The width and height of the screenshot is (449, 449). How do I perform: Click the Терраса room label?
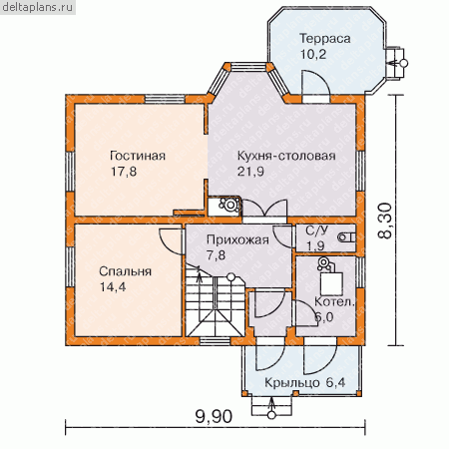(x=325, y=39)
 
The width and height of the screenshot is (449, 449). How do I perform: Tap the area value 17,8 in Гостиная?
(x=124, y=172)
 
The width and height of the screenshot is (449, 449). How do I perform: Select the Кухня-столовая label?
(x=286, y=156)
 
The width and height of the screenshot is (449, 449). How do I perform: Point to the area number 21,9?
(x=250, y=172)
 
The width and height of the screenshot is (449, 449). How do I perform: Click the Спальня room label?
(x=126, y=271)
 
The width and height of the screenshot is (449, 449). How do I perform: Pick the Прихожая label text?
(x=237, y=239)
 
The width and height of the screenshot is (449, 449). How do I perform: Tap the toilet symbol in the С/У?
(x=346, y=237)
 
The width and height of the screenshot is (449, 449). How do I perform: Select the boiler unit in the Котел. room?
(x=328, y=276)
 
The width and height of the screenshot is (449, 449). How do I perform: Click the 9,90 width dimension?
(x=214, y=416)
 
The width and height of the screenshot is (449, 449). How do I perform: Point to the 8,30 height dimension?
(x=385, y=221)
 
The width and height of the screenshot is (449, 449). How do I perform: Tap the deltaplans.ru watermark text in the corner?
(x=37, y=7)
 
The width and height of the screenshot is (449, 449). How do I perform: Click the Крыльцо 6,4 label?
(x=304, y=382)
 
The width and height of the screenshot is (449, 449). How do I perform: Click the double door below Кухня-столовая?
(x=265, y=209)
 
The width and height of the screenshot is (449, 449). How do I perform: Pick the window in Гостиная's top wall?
(x=165, y=100)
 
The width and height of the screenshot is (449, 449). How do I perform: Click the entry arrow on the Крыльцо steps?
(x=272, y=406)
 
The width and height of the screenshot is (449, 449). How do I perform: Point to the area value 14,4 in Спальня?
(x=113, y=287)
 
